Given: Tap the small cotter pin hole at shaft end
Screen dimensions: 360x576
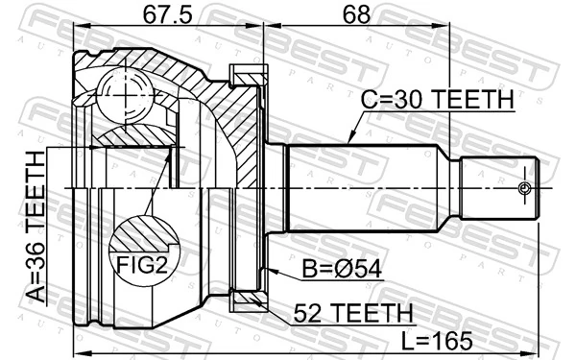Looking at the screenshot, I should pos(524,186).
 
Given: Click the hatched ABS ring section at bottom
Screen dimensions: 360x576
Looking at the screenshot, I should pos(249,301).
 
